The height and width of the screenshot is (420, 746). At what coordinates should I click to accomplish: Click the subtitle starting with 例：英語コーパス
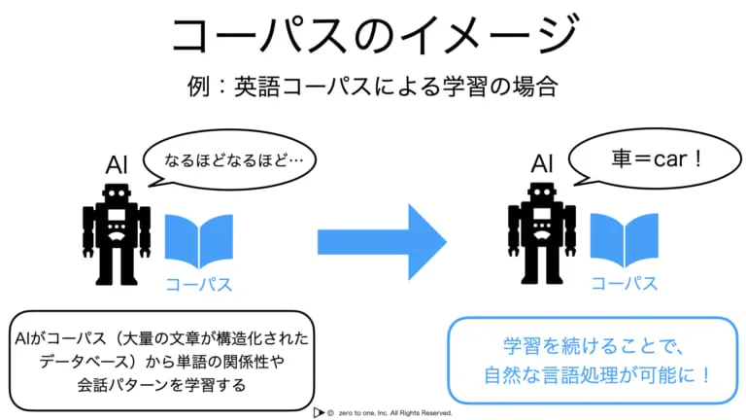pos(373,87)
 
